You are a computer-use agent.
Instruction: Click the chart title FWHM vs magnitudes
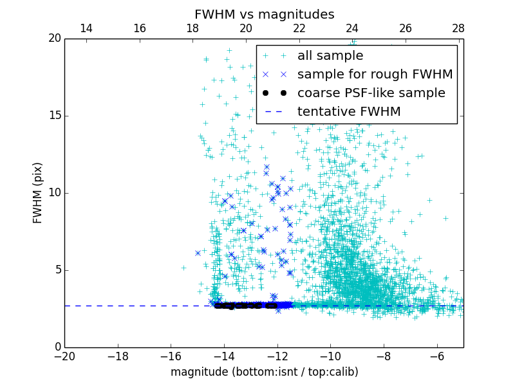tap(264, 14)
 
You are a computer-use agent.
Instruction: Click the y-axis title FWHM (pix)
tap(38, 192)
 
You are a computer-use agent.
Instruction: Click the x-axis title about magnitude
tap(264, 372)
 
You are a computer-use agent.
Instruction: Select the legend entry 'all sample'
tap(330, 56)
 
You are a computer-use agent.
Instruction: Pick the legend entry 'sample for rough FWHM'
tap(375, 75)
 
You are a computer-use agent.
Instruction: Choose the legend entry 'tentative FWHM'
tap(349, 112)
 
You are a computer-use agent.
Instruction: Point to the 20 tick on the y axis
tap(54, 39)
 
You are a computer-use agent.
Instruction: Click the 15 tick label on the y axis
tap(54, 116)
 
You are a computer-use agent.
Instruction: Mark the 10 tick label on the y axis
tap(54, 193)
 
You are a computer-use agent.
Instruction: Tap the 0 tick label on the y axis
tap(57, 347)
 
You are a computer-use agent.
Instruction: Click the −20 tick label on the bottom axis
tap(64, 356)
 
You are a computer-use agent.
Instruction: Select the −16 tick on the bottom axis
tap(171, 356)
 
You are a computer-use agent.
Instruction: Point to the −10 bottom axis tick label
tap(330, 356)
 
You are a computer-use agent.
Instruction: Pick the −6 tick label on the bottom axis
tap(436, 356)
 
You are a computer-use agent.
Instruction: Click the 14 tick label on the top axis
tap(86, 28)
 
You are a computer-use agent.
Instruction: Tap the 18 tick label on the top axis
tap(192, 28)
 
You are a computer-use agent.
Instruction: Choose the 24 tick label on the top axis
tap(352, 28)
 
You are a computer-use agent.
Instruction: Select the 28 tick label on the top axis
tap(458, 28)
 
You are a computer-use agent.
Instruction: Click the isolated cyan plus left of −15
tap(183, 268)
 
